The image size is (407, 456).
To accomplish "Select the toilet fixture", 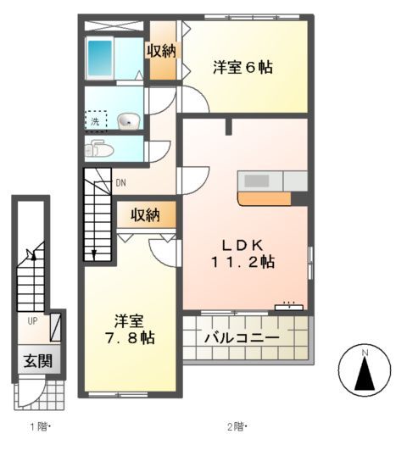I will pos(98,150).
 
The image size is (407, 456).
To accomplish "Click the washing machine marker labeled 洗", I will pos(96,120).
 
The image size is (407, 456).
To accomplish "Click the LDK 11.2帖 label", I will pos(243,252).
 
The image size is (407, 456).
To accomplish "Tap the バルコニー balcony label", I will pos(243,338).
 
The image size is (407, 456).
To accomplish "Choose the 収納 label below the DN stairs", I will pos(145,215).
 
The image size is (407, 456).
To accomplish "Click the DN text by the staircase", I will pos(121,182).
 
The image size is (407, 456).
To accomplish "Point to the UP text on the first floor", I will pos(32,321).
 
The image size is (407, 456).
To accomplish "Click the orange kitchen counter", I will pos(265,199).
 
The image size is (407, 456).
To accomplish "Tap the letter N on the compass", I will pos(364,352).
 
